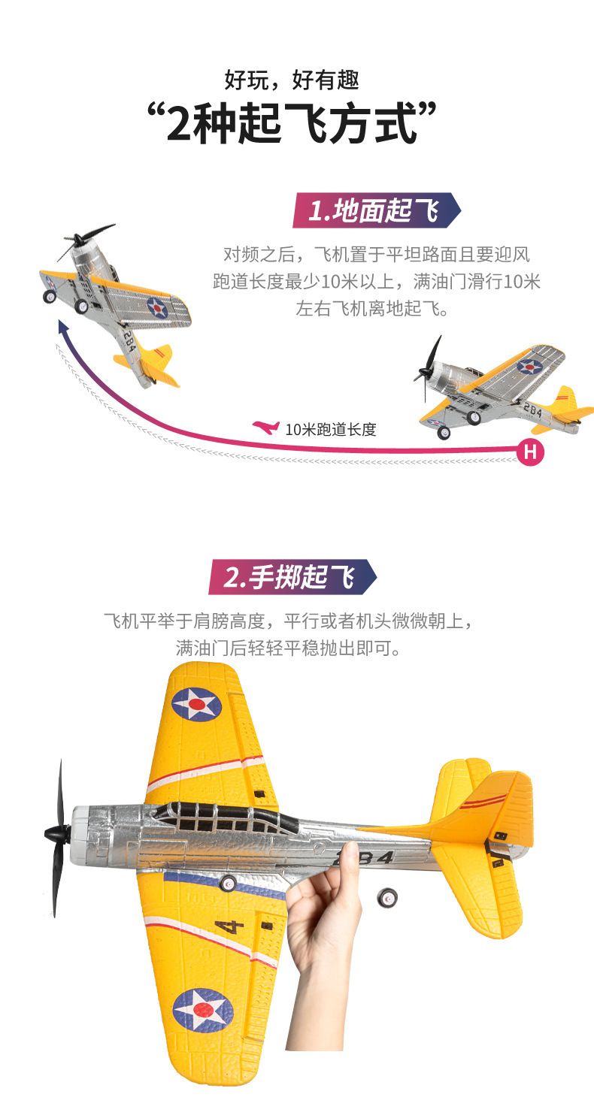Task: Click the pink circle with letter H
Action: pos(530,452)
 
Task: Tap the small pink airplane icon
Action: pos(266,427)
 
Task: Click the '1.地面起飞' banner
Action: pos(377,210)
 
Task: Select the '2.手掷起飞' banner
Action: pos(292,577)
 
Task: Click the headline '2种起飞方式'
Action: pos(292,123)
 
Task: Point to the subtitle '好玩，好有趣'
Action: pos(292,80)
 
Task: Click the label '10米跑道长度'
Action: pos(331,430)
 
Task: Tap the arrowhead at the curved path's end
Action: pos(62,326)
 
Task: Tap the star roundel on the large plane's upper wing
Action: pos(197,704)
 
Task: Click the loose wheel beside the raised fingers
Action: pos(388,897)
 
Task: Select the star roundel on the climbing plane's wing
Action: pos(158,307)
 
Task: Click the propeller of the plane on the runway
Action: pos(428,367)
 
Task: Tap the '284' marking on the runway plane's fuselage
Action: pos(533,409)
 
